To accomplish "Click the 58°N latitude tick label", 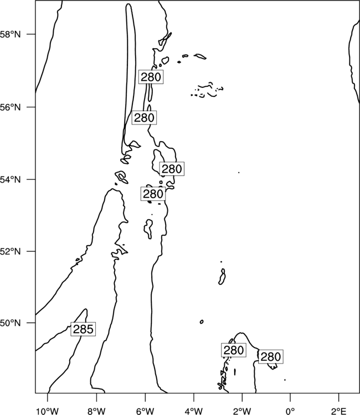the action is point(11,34).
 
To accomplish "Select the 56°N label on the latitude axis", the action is point(11,107).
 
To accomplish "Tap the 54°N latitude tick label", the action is point(11,180).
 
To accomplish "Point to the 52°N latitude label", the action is point(11,251).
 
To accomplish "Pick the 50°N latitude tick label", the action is point(11,323).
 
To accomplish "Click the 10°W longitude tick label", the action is point(48,411).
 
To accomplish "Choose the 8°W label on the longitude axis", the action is point(96,411).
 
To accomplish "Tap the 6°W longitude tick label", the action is point(145,411).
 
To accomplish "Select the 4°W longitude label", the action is point(194,411).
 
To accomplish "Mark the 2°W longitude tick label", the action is point(242,411).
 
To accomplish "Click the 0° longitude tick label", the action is point(290,411).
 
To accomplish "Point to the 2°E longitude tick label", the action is point(339,411).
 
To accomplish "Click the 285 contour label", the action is point(83,329).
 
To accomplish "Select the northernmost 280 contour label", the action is point(151,77).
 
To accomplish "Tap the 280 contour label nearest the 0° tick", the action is point(270,357).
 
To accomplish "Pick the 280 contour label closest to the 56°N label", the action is point(144,117).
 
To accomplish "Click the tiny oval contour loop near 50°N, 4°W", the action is point(202,322).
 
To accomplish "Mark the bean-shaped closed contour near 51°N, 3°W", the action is point(222,277).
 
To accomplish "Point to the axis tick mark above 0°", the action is point(290,395).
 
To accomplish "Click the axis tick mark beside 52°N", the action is point(34,251).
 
